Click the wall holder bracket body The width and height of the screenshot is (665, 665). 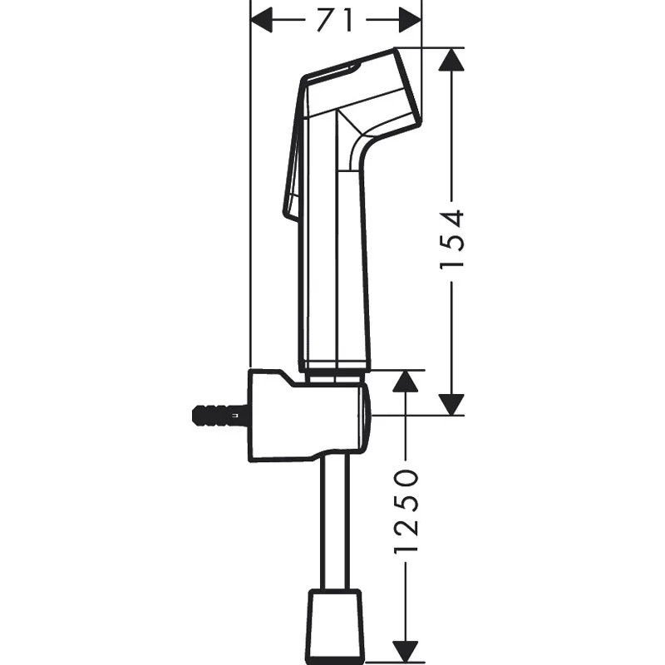click(x=308, y=416)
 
